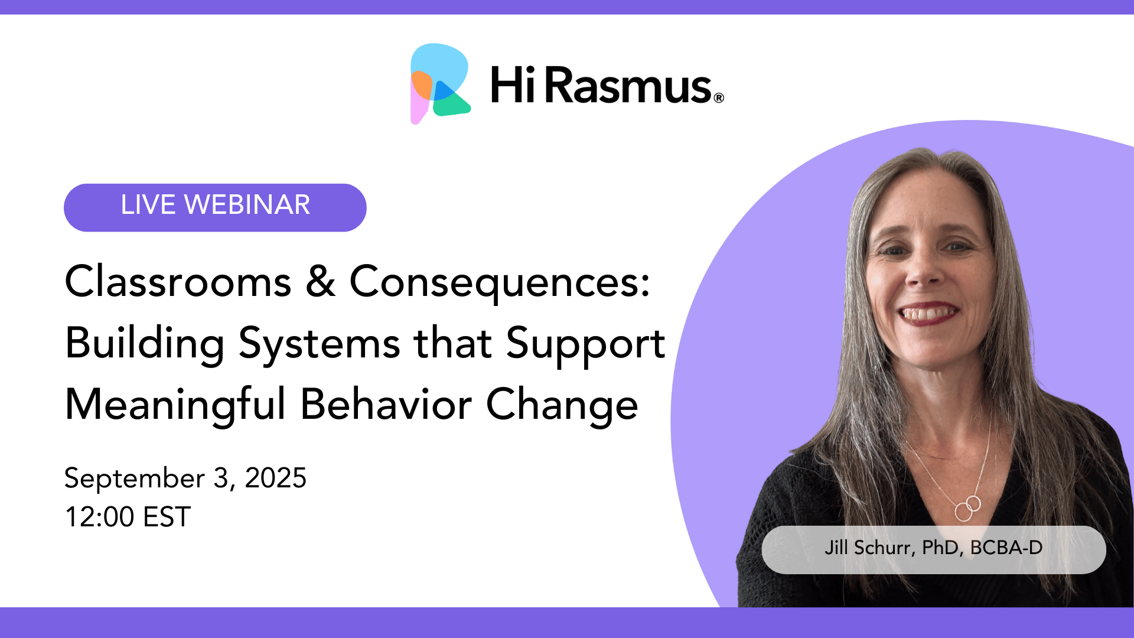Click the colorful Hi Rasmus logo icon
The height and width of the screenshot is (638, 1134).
pyautogui.click(x=440, y=83)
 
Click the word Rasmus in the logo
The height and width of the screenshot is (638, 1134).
pyautogui.click(x=628, y=85)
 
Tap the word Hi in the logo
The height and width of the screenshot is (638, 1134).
pyautogui.click(x=513, y=85)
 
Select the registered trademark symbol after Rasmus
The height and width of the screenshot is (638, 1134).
pyautogui.click(x=719, y=98)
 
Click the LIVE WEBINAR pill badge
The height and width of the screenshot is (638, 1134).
pyautogui.click(x=215, y=207)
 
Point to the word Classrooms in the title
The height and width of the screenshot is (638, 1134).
pyautogui.click(x=178, y=281)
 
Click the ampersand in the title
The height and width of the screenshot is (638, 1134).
pyautogui.click(x=321, y=281)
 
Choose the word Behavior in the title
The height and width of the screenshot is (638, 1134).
pyautogui.click(x=386, y=405)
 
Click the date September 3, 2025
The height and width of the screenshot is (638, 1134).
pyautogui.click(x=185, y=479)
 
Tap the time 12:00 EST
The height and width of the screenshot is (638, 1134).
pyautogui.click(x=128, y=517)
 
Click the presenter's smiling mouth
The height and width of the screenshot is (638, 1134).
pyautogui.click(x=928, y=314)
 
